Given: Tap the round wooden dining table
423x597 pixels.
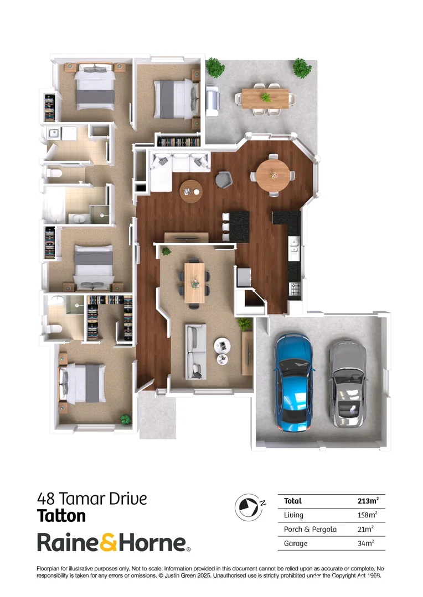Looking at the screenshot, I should [272, 175].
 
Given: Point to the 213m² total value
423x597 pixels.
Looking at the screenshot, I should [368, 501].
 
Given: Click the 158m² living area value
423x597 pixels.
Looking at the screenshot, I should [367, 515].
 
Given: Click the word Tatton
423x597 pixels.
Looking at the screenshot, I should [61, 516].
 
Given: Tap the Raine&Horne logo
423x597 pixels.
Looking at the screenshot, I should [114, 543].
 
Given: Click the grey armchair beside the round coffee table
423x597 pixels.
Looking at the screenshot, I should [223, 179].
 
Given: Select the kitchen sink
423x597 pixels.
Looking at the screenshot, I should [294, 248].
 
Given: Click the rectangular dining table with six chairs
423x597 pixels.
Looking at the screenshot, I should [195, 282].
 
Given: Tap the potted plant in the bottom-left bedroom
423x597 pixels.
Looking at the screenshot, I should [126, 420].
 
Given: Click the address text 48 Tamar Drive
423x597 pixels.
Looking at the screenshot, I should [92, 499].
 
